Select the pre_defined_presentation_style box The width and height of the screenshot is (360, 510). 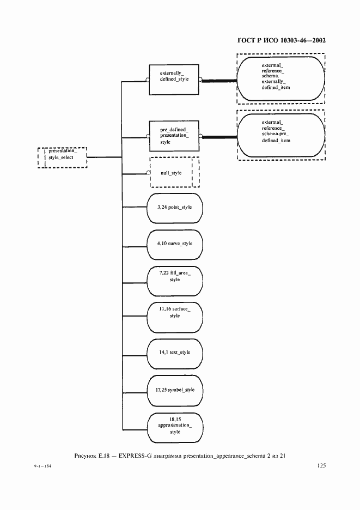174,136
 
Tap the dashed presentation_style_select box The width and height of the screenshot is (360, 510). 62,157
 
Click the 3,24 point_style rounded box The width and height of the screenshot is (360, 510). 175,208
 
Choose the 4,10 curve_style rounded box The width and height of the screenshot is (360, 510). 175,244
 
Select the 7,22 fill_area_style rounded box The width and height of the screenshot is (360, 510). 175,280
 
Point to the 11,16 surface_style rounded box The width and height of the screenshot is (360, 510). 175,315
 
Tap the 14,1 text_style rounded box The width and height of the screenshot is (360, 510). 175,352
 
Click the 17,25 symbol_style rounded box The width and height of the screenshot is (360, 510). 175,390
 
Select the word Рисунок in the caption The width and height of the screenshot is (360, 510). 84,455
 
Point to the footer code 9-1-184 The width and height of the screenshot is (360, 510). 34,467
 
